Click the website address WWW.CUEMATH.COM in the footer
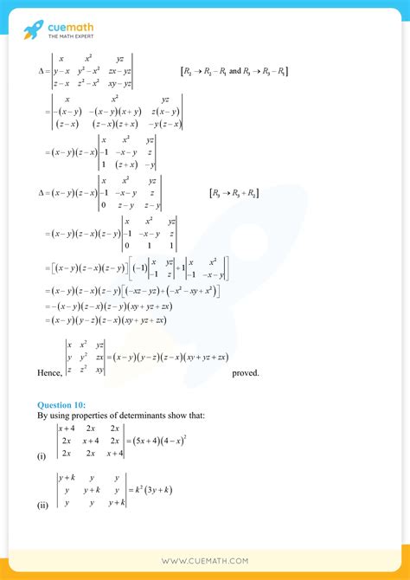[205, 561]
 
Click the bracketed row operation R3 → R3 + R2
[234, 192]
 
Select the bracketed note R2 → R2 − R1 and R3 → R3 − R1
[234, 70]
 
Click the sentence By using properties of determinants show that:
[122, 416]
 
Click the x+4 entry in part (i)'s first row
[67, 428]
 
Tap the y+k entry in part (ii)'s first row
[68, 477]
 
